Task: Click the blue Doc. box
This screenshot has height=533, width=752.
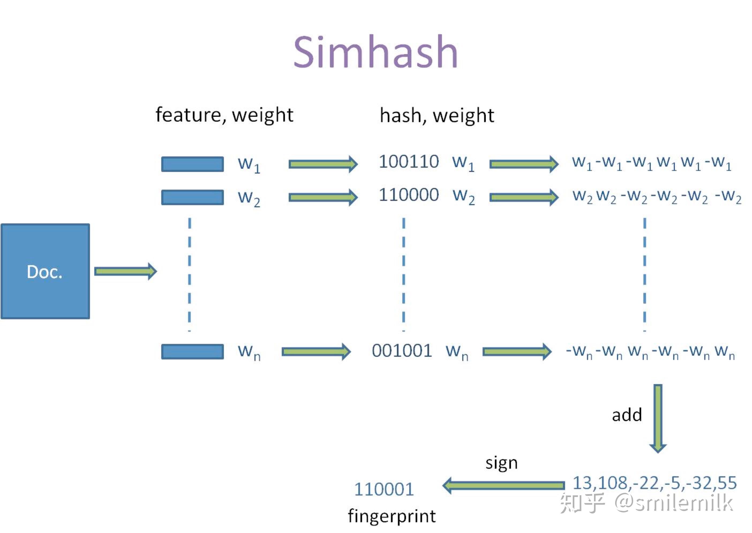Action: click(x=45, y=271)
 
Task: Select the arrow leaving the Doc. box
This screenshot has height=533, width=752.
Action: click(x=125, y=271)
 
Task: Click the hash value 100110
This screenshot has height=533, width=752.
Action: click(x=408, y=162)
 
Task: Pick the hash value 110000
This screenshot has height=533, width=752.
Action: click(x=408, y=195)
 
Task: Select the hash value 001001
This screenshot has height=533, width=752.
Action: click(x=402, y=351)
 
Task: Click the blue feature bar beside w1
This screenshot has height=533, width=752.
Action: click(x=193, y=164)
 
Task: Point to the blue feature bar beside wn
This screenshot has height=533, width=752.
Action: click(x=193, y=351)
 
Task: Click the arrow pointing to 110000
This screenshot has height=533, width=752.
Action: click(x=323, y=197)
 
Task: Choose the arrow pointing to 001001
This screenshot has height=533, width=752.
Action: click(x=316, y=352)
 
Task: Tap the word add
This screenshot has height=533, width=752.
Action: click(x=627, y=415)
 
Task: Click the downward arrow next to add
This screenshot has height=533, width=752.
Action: click(x=658, y=418)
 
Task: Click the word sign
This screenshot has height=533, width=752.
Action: click(x=501, y=463)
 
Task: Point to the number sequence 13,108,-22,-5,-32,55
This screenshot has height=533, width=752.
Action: click(x=655, y=483)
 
